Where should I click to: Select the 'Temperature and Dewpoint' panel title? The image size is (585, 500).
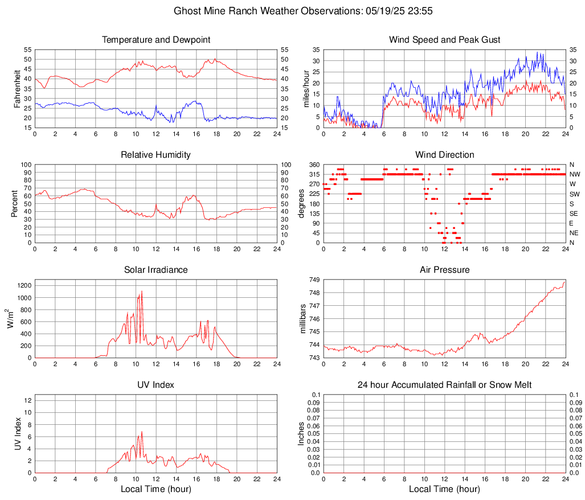click(156, 40)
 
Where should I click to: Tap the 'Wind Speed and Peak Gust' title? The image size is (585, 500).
click(444, 40)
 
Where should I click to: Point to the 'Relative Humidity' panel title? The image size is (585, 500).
click(156, 155)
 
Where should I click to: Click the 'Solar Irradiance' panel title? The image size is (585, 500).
click(156, 269)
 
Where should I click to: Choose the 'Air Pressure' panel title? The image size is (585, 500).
click(444, 269)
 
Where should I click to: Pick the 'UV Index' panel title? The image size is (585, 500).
click(156, 385)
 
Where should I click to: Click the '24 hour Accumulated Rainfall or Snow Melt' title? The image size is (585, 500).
click(444, 385)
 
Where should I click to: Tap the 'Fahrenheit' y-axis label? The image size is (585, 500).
click(17, 88)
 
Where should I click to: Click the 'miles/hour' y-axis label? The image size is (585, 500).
click(305, 88)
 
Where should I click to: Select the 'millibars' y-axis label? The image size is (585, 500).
click(303, 319)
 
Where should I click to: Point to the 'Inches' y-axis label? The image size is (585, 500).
click(301, 433)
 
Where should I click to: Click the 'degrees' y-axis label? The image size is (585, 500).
click(301, 203)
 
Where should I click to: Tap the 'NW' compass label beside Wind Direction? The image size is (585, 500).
click(574, 174)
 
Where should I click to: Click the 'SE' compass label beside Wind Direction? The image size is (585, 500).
click(574, 214)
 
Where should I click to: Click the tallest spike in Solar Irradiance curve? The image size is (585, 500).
click(141, 291)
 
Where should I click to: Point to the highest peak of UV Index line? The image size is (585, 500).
click(141, 432)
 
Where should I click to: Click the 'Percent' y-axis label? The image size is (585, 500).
click(14, 203)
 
